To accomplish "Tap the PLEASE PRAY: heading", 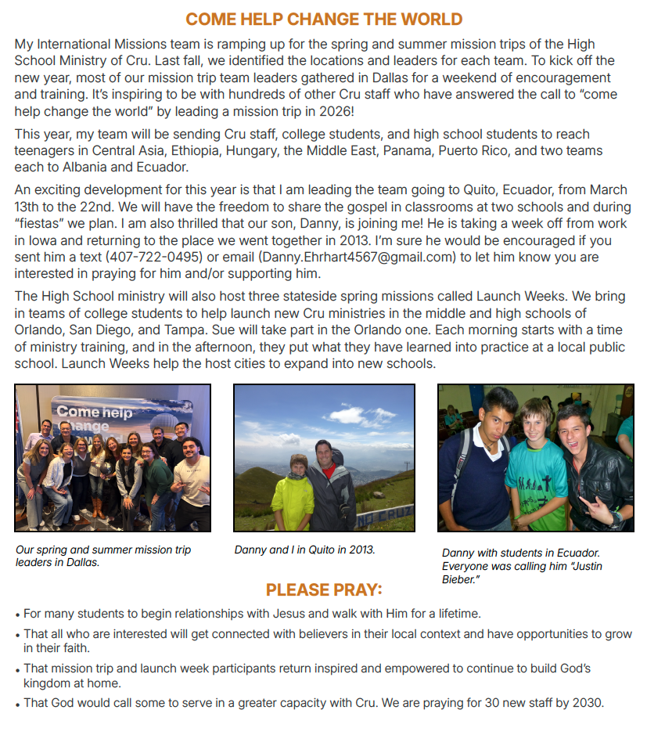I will click(324, 589).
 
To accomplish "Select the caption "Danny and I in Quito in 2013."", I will click(304, 550).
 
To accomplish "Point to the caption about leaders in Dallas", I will click(103, 556).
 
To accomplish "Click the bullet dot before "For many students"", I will click(18, 614).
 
